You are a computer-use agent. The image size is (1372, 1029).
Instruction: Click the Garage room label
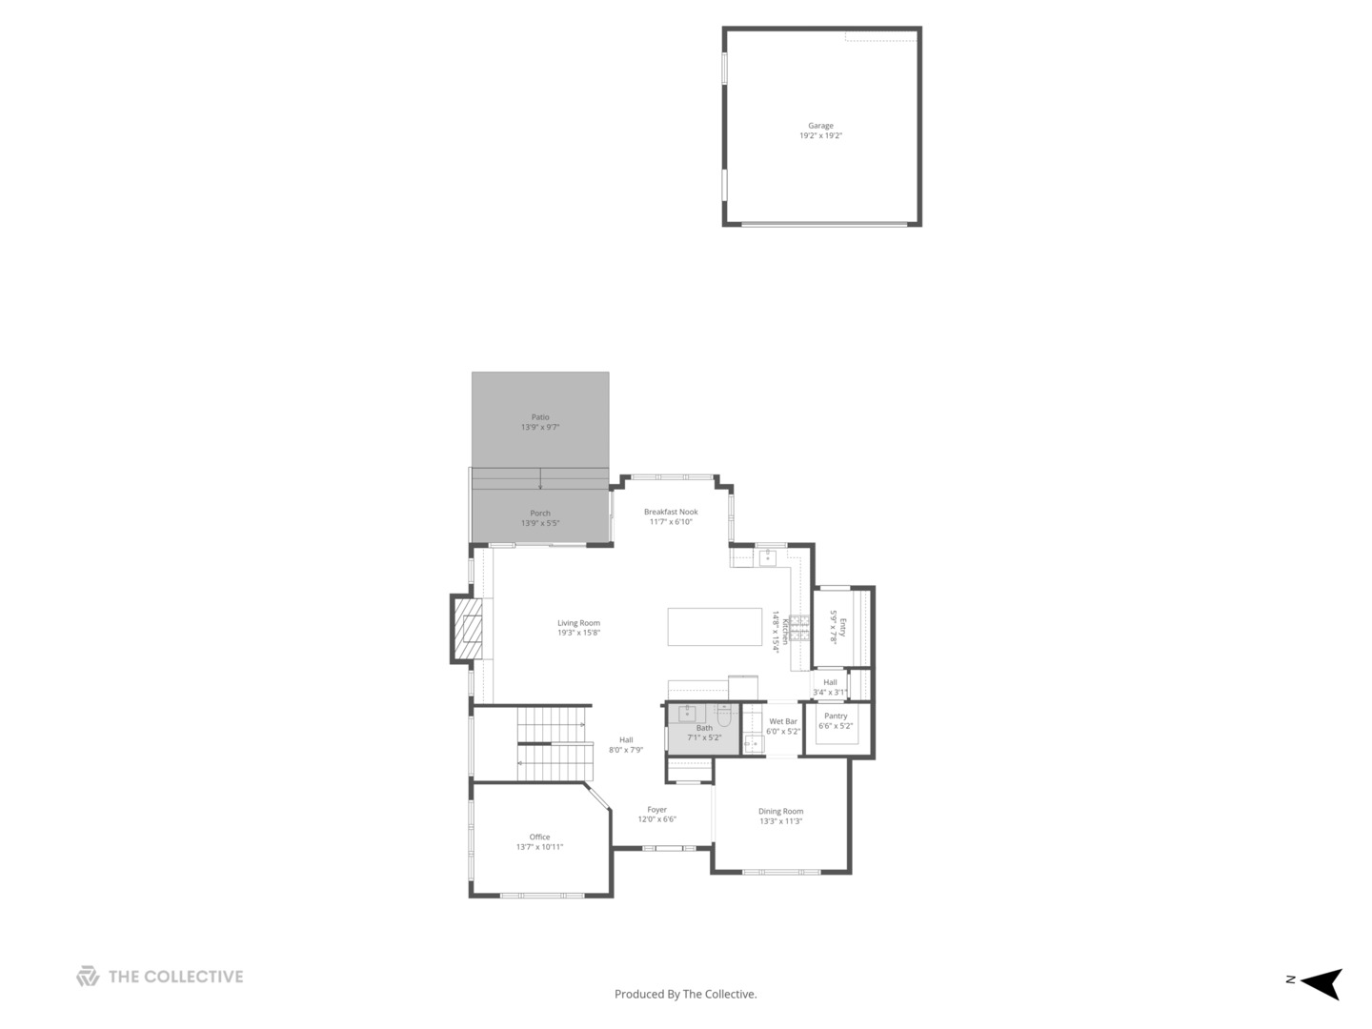point(820,126)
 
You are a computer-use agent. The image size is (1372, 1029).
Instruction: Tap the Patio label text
point(540,417)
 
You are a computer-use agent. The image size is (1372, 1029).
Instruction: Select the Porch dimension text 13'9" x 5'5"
point(540,523)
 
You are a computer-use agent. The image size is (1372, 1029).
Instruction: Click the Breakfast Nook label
point(671,512)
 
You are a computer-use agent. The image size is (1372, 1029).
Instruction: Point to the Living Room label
point(578,623)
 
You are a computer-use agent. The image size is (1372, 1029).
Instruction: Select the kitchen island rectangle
point(715,627)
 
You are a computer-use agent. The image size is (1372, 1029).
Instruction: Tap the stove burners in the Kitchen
point(798,628)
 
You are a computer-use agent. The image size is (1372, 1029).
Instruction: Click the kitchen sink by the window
point(767,556)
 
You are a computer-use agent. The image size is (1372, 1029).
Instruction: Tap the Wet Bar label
point(783,721)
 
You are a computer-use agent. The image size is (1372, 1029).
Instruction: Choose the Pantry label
point(836,716)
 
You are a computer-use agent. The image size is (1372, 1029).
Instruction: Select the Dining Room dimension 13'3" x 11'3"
point(781,821)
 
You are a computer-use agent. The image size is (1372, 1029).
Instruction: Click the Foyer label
point(657,810)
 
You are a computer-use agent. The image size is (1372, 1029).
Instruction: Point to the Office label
point(540,837)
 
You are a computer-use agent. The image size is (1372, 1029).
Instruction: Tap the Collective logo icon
point(88,977)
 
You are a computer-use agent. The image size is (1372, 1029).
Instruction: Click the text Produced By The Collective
point(686,994)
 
